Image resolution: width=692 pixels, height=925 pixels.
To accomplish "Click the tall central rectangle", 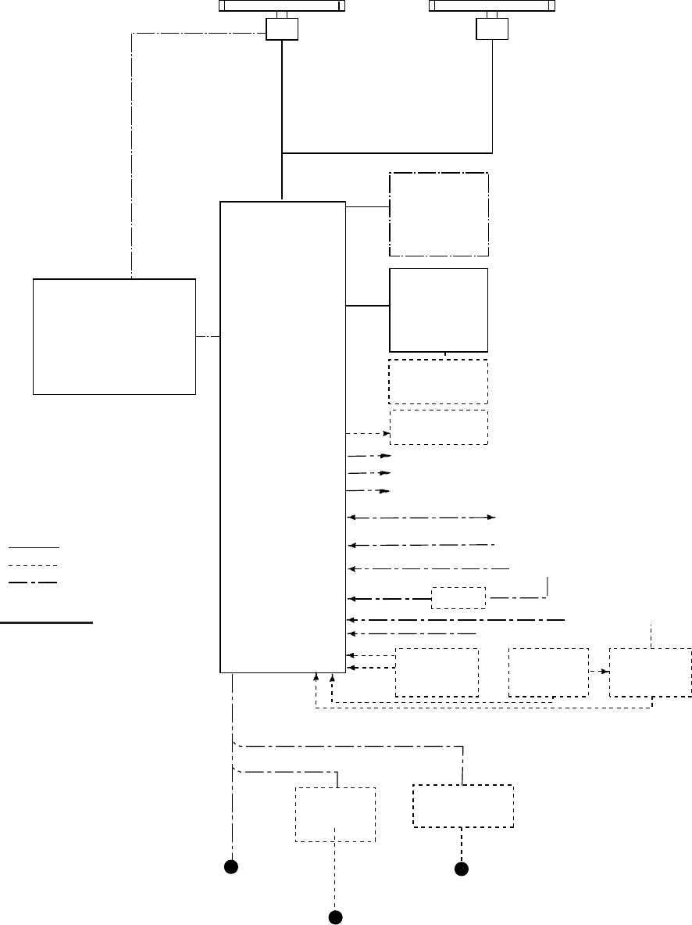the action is [283, 436].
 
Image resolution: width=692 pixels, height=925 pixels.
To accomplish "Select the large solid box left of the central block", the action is [114, 335].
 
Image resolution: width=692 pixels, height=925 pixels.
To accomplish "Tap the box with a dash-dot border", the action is [439, 214].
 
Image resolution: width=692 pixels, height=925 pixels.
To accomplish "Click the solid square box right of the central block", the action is [438, 310].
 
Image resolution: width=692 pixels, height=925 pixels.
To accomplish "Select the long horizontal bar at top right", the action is [493, 5].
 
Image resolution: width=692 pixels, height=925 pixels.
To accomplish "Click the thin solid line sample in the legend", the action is [34, 547].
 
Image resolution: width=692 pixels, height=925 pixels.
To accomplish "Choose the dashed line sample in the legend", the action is [34, 565].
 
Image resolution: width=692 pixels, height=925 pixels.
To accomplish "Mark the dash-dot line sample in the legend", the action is [34, 583].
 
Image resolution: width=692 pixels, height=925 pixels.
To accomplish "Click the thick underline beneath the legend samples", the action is [47, 623].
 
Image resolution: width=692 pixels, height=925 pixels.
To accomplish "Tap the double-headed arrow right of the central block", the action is [422, 518].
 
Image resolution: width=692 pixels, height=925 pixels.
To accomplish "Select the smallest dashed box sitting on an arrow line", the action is [458, 599].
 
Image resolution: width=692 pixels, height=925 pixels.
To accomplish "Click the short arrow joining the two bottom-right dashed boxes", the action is [599, 672].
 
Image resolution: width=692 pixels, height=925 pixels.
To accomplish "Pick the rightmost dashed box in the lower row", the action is [651, 672].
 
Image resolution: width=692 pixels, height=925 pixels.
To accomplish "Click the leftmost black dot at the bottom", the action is [230, 866].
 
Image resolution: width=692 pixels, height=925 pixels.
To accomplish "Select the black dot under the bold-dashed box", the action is [462, 869].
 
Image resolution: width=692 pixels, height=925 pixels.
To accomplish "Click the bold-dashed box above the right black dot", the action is [463, 806].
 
